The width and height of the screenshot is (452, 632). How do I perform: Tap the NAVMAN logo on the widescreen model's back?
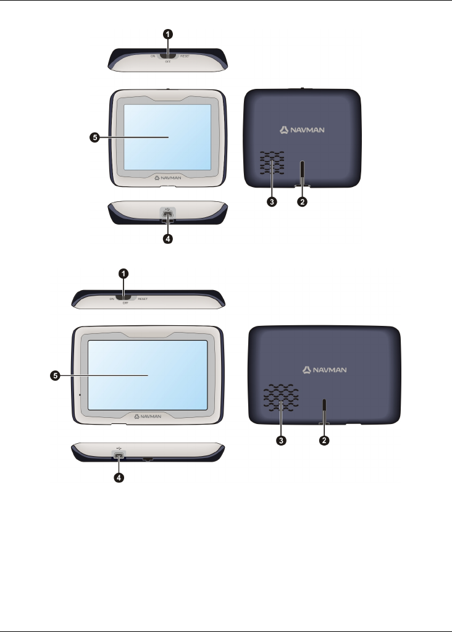point(325,370)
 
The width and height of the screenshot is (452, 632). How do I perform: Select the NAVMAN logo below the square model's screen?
point(168,177)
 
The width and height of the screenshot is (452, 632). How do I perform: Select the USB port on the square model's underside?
point(168,213)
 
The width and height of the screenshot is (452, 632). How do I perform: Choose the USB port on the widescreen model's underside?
point(119,455)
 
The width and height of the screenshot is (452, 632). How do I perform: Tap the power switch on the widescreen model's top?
point(125,297)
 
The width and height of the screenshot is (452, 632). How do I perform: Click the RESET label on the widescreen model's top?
point(143,299)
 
